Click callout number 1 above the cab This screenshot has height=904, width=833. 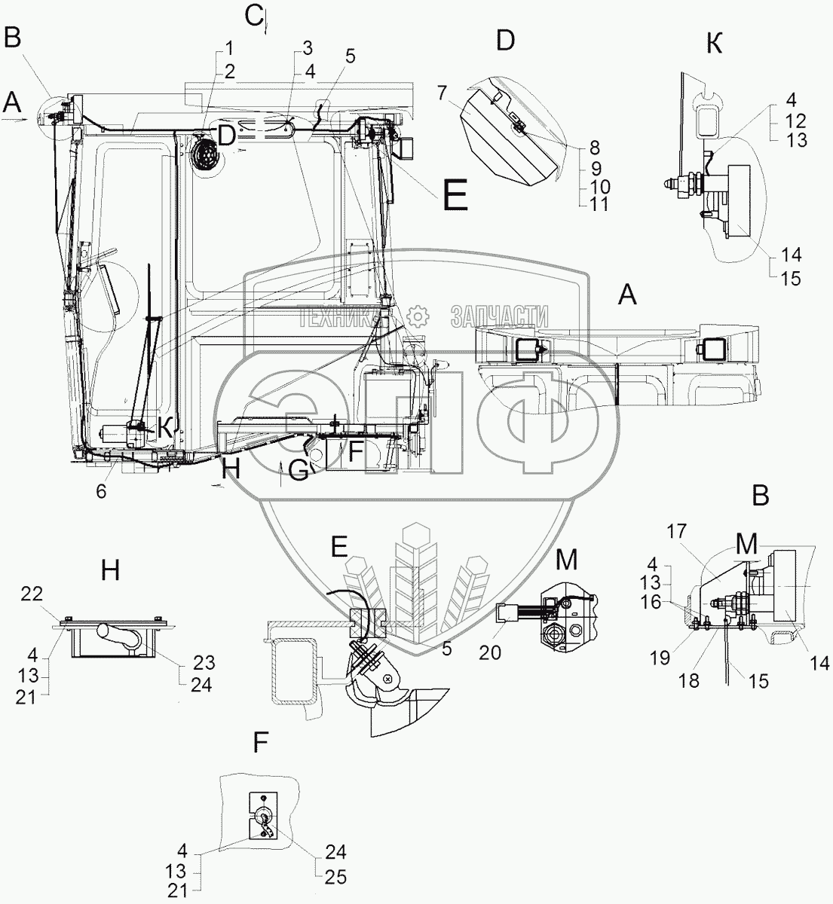coord(229,51)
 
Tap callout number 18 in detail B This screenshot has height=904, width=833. coord(689,680)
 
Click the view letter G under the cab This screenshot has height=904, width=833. coord(299,470)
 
